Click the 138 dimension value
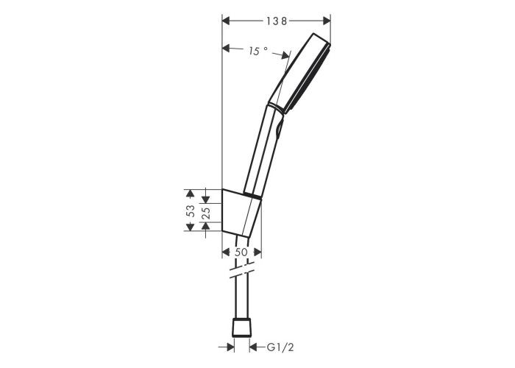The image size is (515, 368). coord(277,21)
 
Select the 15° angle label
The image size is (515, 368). coord(257,51)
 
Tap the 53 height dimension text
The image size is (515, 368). coord(190,210)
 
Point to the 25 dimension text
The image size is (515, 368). coord(205,213)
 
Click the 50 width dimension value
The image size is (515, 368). coord(241,252)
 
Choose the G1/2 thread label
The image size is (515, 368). coord(280,347)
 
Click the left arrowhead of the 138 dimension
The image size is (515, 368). coord(226,21)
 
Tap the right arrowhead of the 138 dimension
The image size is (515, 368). coord(327,21)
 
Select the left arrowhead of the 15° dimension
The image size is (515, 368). coord(226,49)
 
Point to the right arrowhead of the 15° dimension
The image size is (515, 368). coord(285,56)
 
